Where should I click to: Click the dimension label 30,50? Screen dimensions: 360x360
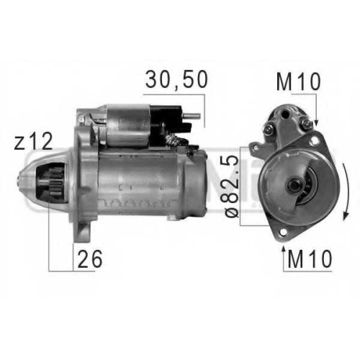click(176, 79)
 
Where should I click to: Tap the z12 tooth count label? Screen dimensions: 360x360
click(33, 142)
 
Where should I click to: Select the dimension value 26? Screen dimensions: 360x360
click(90, 259)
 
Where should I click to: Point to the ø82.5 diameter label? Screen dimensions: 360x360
click(232, 186)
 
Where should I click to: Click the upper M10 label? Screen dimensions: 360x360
click(298, 82)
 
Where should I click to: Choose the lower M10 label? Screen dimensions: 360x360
click(310, 259)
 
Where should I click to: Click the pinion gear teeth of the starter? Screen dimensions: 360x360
click(55, 184)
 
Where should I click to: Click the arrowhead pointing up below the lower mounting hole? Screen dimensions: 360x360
click(284, 249)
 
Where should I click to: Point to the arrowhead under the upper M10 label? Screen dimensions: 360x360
click(316, 122)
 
